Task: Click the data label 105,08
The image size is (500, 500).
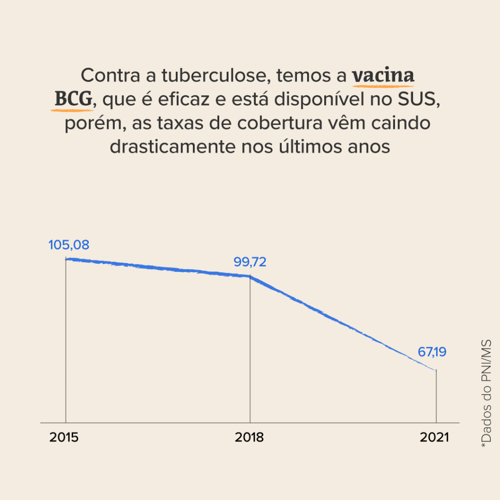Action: point(69,245)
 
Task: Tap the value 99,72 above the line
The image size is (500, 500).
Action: point(250,262)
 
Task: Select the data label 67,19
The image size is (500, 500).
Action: point(432,352)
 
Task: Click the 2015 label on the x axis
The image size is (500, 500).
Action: point(64,437)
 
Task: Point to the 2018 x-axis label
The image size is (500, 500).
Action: point(249,437)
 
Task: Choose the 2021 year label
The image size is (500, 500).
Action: point(434,437)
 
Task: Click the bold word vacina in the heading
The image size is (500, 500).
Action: point(383,76)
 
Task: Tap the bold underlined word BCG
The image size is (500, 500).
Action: point(73,100)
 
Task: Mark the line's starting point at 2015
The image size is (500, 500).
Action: point(66,259)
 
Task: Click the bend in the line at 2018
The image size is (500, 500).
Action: point(250,276)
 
